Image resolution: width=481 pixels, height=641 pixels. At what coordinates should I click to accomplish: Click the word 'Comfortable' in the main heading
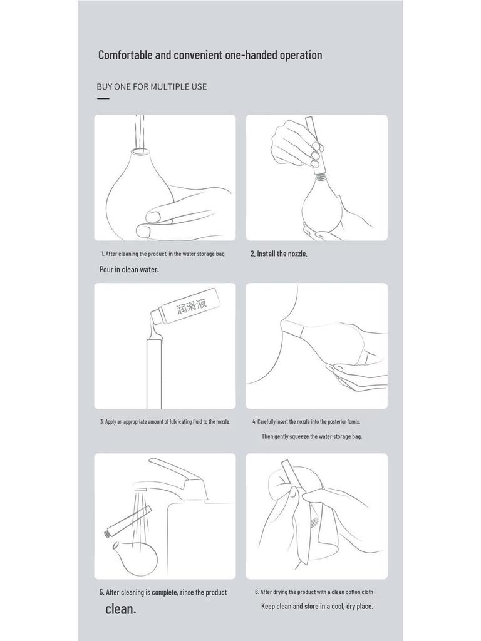click(x=125, y=55)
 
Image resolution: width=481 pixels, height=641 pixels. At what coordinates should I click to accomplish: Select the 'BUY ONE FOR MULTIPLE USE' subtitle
click(x=152, y=86)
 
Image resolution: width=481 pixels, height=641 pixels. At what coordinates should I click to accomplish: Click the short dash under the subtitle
click(x=103, y=98)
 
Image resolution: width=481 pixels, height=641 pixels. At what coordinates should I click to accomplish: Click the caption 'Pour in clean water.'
click(x=129, y=269)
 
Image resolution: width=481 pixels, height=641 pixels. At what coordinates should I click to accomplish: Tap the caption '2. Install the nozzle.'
click(x=279, y=254)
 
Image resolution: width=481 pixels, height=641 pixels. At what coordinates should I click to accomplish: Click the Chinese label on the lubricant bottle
click(x=191, y=306)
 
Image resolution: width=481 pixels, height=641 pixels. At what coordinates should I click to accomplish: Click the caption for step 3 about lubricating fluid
click(x=165, y=421)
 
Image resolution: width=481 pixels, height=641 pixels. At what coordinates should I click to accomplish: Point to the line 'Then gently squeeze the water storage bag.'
click(x=311, y=436)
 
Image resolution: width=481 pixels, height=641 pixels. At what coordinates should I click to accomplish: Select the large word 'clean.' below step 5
click(x=120, y=608)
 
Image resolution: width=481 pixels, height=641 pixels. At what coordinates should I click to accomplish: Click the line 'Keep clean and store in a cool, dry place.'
click(x=317, y=606)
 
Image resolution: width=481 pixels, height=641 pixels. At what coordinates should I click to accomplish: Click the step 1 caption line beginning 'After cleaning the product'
click(x=163, y=254)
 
